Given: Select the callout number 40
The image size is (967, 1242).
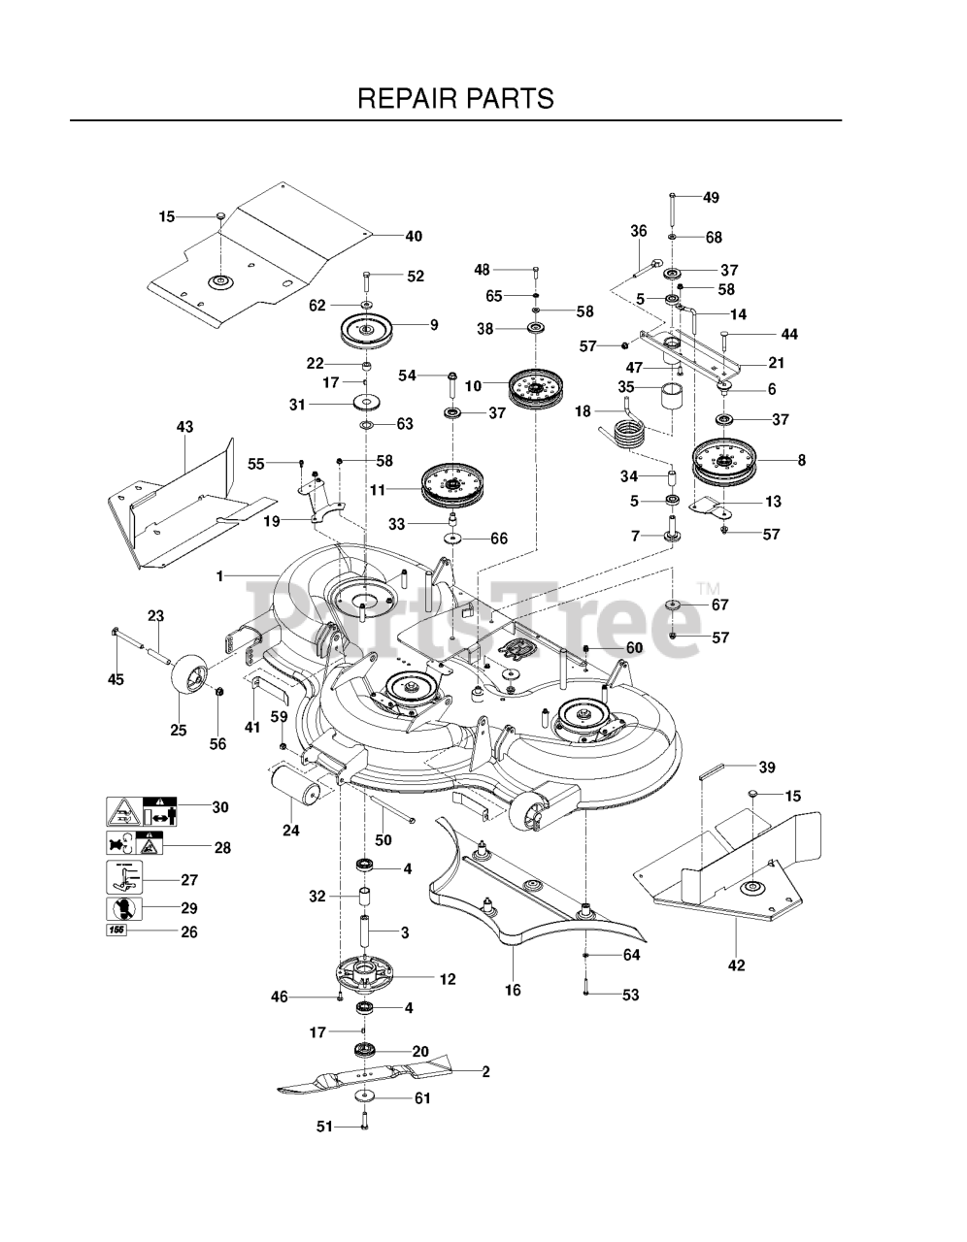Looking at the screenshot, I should tap(414, 236).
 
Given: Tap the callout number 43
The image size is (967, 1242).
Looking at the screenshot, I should tap(183, 427).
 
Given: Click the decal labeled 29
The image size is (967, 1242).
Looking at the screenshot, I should tap(123, 909).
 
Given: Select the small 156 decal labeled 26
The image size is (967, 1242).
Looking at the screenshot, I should tap(116, 931).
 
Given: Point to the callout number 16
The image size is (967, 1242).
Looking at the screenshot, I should tap(513, 991).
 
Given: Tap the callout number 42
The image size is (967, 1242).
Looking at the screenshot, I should tap(736, 964).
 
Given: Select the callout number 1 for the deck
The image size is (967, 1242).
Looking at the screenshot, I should tap(220, 576).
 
